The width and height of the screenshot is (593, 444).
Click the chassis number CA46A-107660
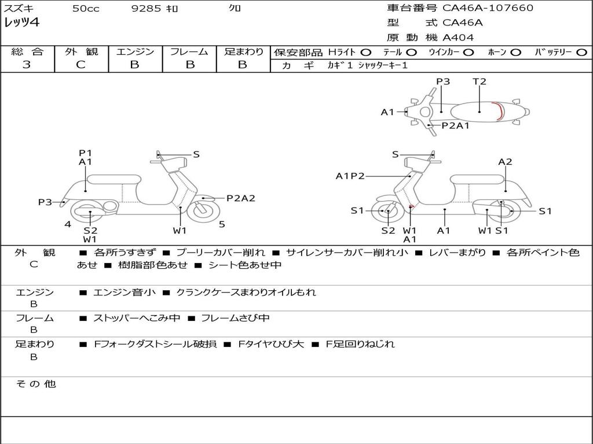tap(488, 8)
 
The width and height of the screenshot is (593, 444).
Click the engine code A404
tap(458, 38)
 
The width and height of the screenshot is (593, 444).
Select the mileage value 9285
tap(147, 8)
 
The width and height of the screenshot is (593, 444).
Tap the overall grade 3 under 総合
tap(27, 65)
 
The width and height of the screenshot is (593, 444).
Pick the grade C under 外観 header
tap(80, 65)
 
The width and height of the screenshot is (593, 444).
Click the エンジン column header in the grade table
tap(135, 51)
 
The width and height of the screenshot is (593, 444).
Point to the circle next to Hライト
tap(366, 53)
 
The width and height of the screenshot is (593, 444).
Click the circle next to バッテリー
tap(581, 53)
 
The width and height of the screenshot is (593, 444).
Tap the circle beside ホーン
tap(515, 53)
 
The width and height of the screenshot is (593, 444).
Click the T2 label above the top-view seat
tap(479, 82)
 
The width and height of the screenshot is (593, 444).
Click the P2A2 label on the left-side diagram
tap(241, 198)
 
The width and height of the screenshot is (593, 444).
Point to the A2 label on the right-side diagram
tap(505, 162)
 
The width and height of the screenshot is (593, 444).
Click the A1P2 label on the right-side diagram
tap(350, 176)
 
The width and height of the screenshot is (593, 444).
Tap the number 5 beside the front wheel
tap(222, 224)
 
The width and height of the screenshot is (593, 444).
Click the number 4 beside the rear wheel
tap(68, 224)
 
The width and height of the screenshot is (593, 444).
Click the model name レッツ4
tap(21, 23)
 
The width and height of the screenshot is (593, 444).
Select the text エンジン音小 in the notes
tap(125, 292)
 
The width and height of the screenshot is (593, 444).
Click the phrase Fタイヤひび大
tap(271, 344)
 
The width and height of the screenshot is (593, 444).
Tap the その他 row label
tap(36, 384)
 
